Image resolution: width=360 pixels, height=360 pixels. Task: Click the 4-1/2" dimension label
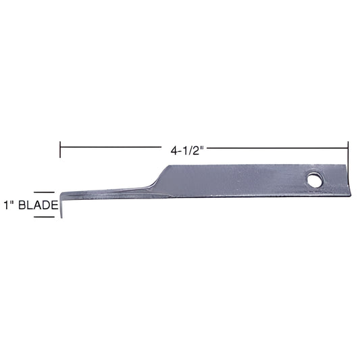pyautogui.click(x=187, y=151)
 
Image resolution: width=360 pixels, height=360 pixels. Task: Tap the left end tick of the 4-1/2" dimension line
pyautogui.click(x=60, y=149)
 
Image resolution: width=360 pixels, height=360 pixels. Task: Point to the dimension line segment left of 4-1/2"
pyautogui.click(x=111, y=147)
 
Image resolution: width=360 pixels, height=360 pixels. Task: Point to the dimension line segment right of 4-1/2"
pyautogui.click(x=278, y=148)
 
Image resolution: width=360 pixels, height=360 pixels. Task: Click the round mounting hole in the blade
pyautogui.click(x=315, y=180)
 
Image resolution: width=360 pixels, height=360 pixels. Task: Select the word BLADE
pyautogui.click(x=38, y=205)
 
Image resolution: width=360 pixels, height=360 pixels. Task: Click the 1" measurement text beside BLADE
pyautogui.click(x=8, y=205)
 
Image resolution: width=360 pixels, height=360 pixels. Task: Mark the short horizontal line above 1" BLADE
pyautogui.click(x=44, y=192)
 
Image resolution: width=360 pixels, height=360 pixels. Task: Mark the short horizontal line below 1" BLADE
pyautogui.click(x=44, y=217)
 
